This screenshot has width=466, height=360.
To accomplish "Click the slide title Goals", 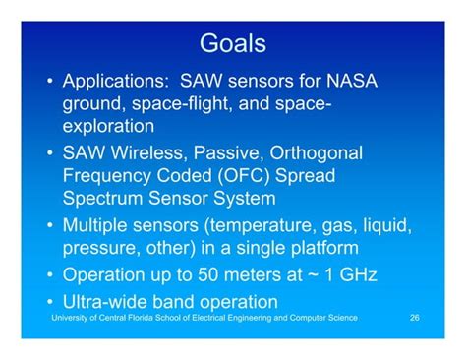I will pyautogui.click(x=232, y=44).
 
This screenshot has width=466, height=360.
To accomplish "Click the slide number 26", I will pyautogui.click(x=415, y=320).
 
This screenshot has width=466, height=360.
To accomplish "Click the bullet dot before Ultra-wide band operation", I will pyautogui.click(x=49, y=301).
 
